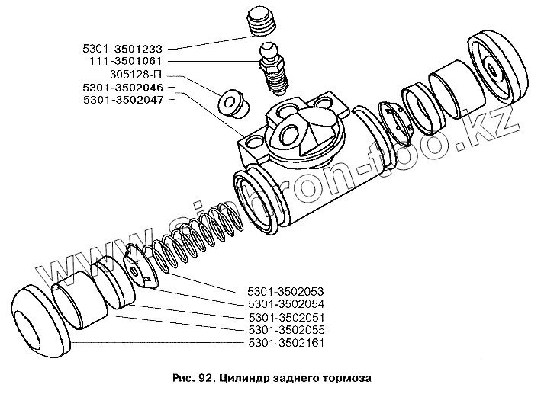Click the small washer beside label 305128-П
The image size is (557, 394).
232,104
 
